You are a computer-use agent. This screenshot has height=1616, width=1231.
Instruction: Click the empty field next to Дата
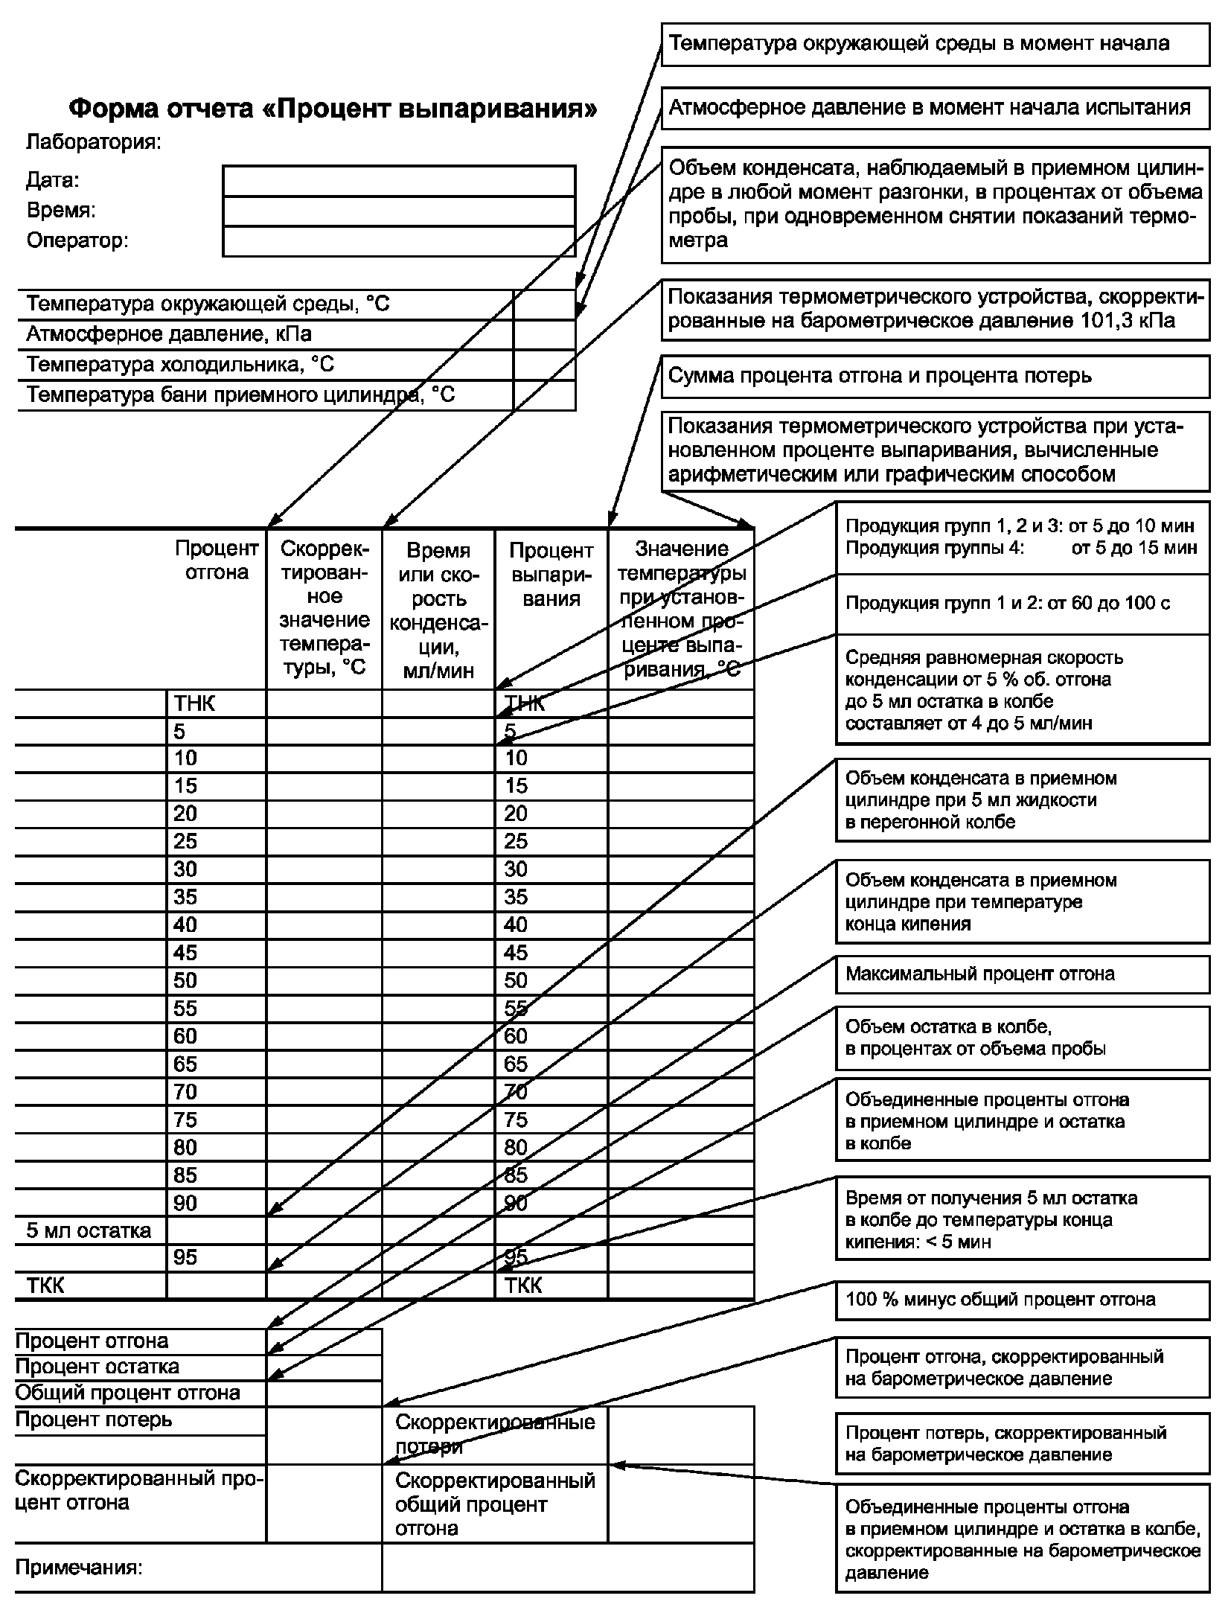[398, 181]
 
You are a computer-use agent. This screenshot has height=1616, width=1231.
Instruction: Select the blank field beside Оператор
[398, 242]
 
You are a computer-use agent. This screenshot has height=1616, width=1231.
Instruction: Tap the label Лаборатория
[94, 142]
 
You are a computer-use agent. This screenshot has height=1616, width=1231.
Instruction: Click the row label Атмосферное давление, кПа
[169, 334]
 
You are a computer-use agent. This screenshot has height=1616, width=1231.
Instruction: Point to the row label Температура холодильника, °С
[180, 365]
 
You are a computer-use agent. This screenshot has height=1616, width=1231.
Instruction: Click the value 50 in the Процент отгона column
[185, 980]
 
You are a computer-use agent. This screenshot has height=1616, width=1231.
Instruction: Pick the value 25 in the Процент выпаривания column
[516, 841]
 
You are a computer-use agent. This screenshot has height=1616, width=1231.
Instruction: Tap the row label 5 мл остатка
[89, 1230]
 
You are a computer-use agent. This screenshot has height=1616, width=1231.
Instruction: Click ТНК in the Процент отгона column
[194, 703]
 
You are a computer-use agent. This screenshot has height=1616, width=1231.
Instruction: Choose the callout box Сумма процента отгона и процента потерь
[935, 376]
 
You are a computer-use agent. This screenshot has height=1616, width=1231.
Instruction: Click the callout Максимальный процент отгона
[1022, 974]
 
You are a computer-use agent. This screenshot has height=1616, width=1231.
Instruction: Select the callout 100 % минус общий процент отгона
[1022, 1300]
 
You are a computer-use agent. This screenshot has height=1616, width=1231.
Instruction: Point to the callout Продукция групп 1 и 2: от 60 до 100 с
[1022, 603]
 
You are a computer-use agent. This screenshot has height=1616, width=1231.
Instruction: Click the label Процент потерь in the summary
[94, 1419]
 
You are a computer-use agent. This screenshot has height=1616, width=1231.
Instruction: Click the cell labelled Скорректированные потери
[495, 1434]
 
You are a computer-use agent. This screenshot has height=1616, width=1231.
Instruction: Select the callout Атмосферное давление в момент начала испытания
[935, 108]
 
